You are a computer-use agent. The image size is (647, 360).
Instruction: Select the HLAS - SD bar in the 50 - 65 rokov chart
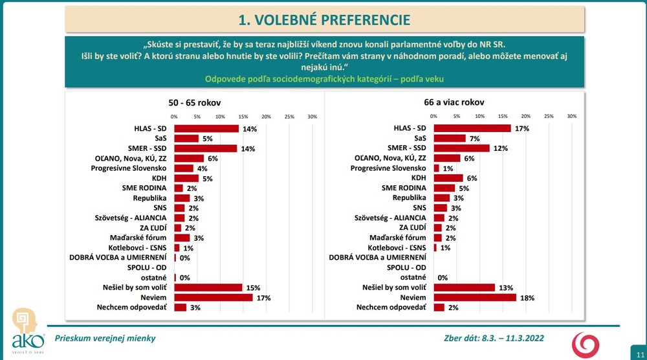tap(206, 128)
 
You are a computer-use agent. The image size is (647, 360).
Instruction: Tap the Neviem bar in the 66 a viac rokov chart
tap(474, 297)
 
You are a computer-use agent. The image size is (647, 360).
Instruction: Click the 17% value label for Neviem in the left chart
tap(262, 298)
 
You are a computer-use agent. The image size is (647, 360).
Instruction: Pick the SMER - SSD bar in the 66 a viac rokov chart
tap(461, 148)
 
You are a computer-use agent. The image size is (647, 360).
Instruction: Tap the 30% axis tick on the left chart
tap(312, 117)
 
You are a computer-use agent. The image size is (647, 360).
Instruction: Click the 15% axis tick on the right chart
tap(503, 117)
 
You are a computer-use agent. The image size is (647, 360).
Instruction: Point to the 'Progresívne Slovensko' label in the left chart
tap(134, 168)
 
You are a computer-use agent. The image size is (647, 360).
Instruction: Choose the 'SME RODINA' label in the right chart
tap(404, 188)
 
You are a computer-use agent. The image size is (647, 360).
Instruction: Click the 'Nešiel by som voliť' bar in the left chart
tap(208, 287)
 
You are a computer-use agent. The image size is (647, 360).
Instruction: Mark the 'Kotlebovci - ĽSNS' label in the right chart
tap(397, 247)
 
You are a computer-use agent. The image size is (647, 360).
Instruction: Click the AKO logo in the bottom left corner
tap(27, 330)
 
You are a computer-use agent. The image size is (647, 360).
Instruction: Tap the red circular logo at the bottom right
tap(588, 343)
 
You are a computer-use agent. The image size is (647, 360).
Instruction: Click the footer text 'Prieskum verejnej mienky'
tap(105, 338)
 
